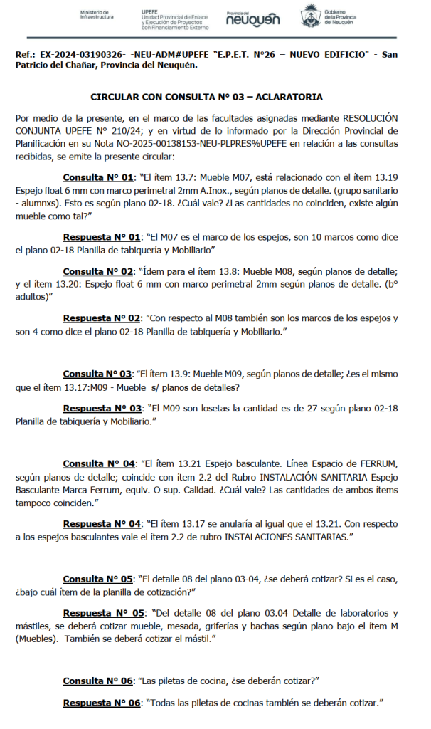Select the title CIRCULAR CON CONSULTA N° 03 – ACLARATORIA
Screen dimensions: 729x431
click(206, 97)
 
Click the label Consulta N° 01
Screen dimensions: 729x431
click(98, 177)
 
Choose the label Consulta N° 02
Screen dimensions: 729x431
click(98, 271)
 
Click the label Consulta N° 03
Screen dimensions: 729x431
click(98, 374)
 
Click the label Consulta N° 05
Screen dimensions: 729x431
click(98, 579)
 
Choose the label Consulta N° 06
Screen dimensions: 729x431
click(98, 681)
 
